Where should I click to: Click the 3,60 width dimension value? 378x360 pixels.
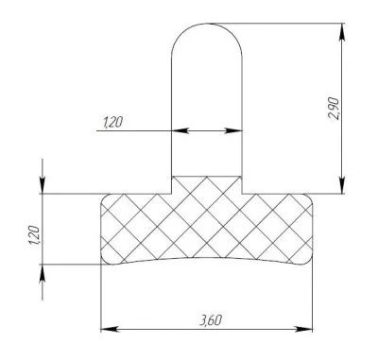click(211, 320)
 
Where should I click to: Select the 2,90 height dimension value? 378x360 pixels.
click(334, 109)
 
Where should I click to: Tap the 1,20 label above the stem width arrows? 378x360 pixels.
click(112, 122)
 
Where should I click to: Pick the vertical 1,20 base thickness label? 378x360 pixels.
click(34, 235)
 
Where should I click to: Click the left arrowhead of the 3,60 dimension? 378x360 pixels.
click(109, 330)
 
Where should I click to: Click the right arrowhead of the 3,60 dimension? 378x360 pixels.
click(304, 330)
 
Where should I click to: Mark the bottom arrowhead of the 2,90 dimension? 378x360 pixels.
click(342, 185)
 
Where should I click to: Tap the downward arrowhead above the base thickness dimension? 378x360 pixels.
click(43, 185)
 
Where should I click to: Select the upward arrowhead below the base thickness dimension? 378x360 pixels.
click(43, 272)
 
